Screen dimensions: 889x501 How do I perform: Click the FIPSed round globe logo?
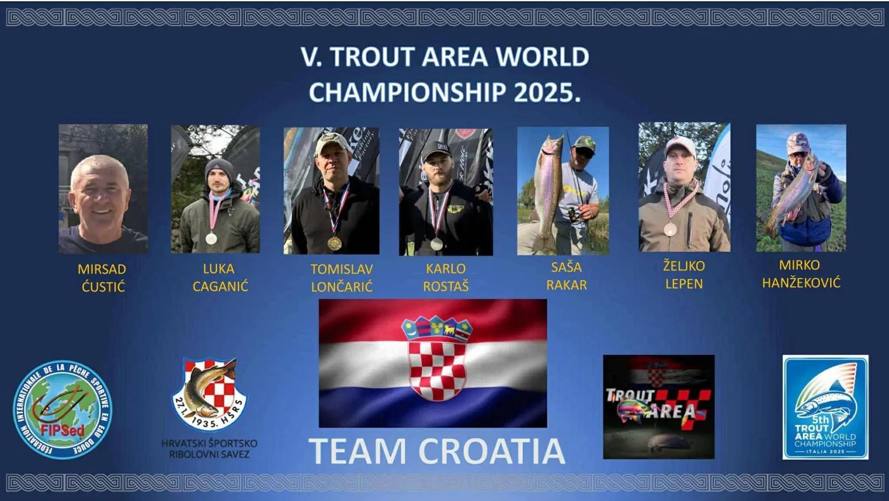point(62,410)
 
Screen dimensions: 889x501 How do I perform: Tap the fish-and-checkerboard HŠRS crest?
point(209,394)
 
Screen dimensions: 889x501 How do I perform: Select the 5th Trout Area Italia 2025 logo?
point(826,407)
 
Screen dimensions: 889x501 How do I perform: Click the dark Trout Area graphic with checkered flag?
point(659,407)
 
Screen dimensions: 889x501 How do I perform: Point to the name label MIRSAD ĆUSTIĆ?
point(102,278)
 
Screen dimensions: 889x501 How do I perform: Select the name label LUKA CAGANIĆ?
point(220,277)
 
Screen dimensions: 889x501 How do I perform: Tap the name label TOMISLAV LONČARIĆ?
point(342,278)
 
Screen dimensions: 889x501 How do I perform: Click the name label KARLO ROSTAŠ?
point(446,277)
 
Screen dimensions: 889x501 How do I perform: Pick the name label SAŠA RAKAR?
point(566,276)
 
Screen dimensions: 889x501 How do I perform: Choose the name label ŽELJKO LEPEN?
point(684,274)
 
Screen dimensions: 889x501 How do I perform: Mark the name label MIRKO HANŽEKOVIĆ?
point(801,274)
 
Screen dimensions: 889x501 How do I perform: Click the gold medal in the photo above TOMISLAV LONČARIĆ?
point(334,243)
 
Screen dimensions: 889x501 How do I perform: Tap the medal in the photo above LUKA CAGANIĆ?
point(211,238)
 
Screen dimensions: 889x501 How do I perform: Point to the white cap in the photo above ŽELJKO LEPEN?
point(680,146)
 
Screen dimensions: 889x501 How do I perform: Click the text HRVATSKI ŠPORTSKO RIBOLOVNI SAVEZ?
point(209,449)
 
